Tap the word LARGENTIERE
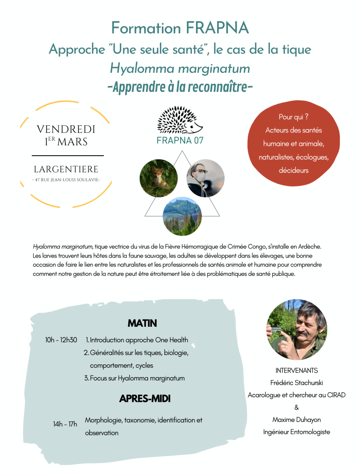66,170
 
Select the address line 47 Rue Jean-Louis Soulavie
66,180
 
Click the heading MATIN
142,324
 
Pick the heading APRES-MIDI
145,399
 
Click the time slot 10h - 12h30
61,340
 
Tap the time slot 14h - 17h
65,424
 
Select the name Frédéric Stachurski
297,383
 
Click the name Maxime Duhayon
297,420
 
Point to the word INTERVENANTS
297,371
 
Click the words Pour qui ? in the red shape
294,117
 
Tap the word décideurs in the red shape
294,170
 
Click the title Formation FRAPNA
180,28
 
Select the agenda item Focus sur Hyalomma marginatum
137,378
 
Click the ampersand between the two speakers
297,407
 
